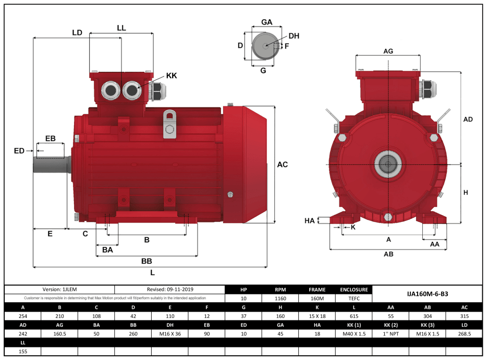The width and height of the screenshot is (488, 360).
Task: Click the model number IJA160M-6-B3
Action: coord(428,294)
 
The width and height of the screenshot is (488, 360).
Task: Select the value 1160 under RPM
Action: coord(280,299)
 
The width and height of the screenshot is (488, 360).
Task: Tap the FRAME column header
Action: coord(317,290)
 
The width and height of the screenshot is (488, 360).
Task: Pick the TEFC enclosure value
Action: coord(354,299)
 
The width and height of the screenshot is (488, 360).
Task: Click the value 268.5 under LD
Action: coord(464,333)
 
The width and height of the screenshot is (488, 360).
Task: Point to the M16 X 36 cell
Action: coord(170,333)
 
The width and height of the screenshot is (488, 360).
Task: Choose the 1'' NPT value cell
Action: coord(391,333)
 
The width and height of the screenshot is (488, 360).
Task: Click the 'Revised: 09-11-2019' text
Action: coord(169,290)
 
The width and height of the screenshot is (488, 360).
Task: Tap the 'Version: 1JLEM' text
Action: coord(59,290)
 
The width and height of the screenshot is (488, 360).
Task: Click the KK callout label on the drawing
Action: coord(172,76)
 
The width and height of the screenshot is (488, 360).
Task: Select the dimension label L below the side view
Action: coord(152,272)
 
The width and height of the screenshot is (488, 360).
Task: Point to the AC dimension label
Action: coord(283,165)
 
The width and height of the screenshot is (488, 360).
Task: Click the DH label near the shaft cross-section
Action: coord(294,36)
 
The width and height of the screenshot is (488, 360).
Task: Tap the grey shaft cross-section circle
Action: coord(266,46)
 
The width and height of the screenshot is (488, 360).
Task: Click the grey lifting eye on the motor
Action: coord(169,124)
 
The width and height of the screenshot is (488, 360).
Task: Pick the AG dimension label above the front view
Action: coord(388,51)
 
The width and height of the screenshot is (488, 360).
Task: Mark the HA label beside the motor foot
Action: coord(310,221)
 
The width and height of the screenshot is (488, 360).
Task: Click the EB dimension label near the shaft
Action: coord(50,139)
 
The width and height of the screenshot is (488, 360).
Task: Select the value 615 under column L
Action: coord(354,316)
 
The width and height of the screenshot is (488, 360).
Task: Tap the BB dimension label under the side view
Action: coord(147,260)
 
